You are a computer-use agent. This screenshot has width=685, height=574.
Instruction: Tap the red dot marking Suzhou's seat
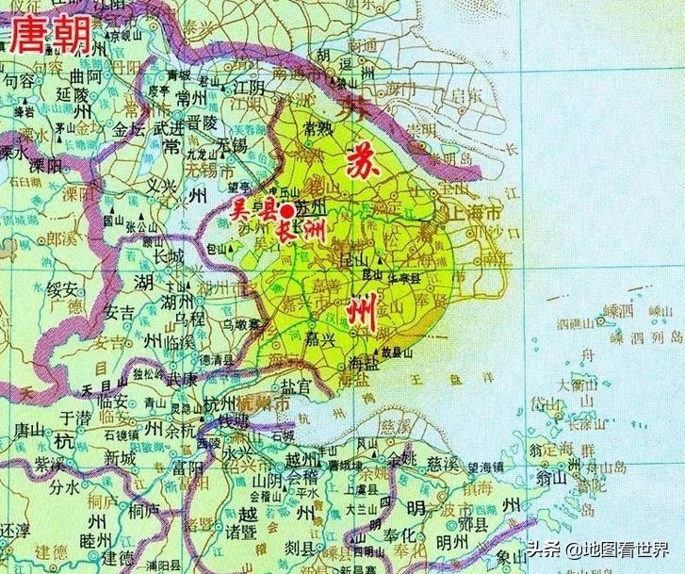pyautogui.click(x=286, y=214)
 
